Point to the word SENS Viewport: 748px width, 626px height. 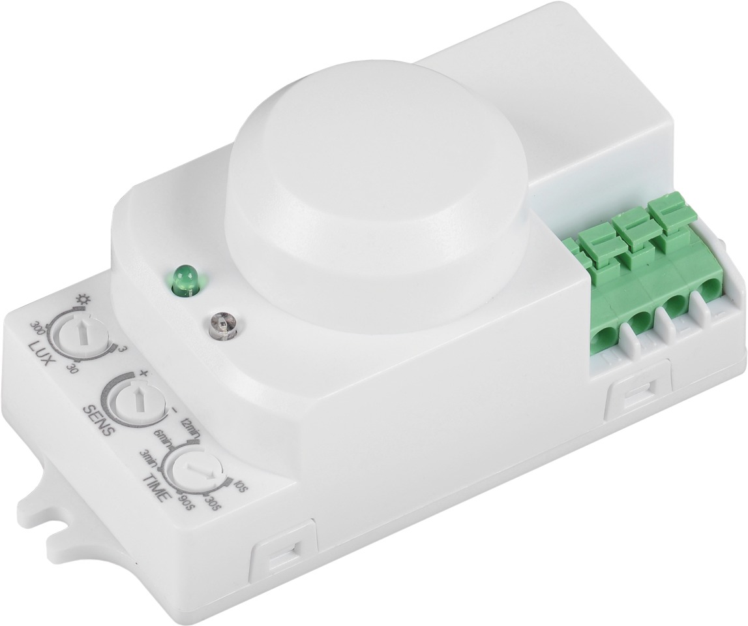[x=100, y=415]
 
